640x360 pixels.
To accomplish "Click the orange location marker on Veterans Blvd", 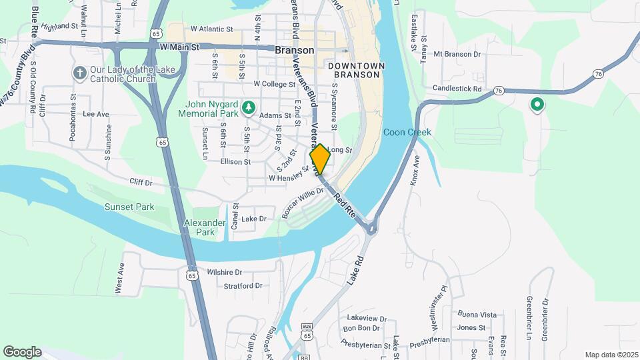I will click(x=319, y=159).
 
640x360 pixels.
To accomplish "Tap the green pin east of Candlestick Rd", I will click(x=537, y=105).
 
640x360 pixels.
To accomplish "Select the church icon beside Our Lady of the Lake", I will click(x=79, y=73).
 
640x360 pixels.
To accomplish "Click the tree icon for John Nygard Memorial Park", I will click(x=248, y=107).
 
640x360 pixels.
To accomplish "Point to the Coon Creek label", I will click(x=407, y=132).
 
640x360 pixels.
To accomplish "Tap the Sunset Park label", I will click(x=129, y=207).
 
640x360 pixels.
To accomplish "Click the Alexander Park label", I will click(x=201, y=227).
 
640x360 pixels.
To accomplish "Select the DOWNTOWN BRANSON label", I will click(x=356, y=71).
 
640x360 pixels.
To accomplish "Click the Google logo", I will click(x=22, y=351).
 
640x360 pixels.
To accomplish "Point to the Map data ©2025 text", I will click(x=610, y=355).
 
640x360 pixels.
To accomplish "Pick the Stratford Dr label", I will click(x=243, y=285).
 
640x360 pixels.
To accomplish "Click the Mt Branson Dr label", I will click(x=456, y=53).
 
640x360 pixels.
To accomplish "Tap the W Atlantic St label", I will click(x=211, y=29).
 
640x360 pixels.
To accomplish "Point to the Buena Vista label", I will click(x=477, y=314).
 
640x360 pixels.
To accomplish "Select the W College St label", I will click(x=274, y=84).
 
